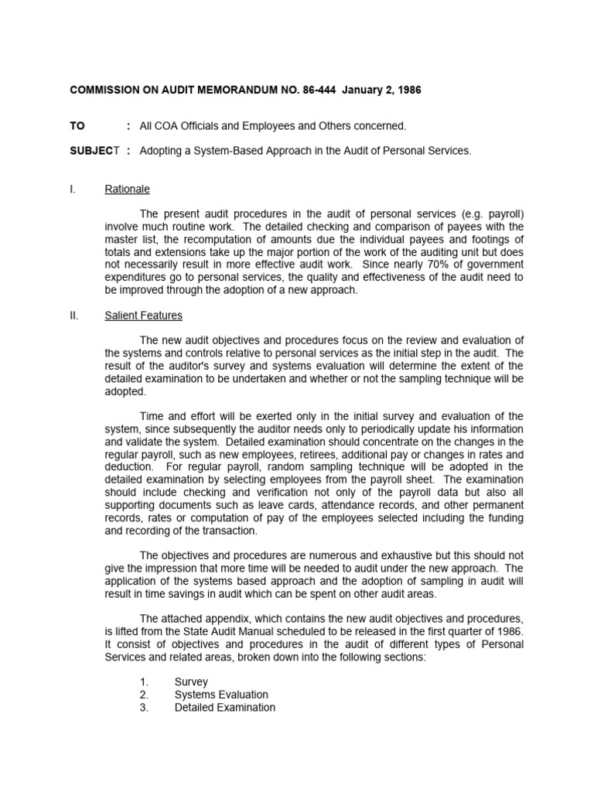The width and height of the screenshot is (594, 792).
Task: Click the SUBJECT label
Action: coord(91,151)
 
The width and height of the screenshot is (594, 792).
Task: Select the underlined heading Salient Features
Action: coord(143,316)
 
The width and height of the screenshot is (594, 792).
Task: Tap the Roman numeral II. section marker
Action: coord(75,316)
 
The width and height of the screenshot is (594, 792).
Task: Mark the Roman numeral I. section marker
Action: coord(73,189)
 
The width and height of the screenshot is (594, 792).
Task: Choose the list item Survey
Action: coord(190,682)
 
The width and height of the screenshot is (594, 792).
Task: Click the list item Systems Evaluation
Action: coord(221,695)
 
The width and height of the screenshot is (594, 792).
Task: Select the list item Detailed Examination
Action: coord(224,707)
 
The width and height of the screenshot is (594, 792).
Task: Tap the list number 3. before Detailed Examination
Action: coord(144,707)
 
